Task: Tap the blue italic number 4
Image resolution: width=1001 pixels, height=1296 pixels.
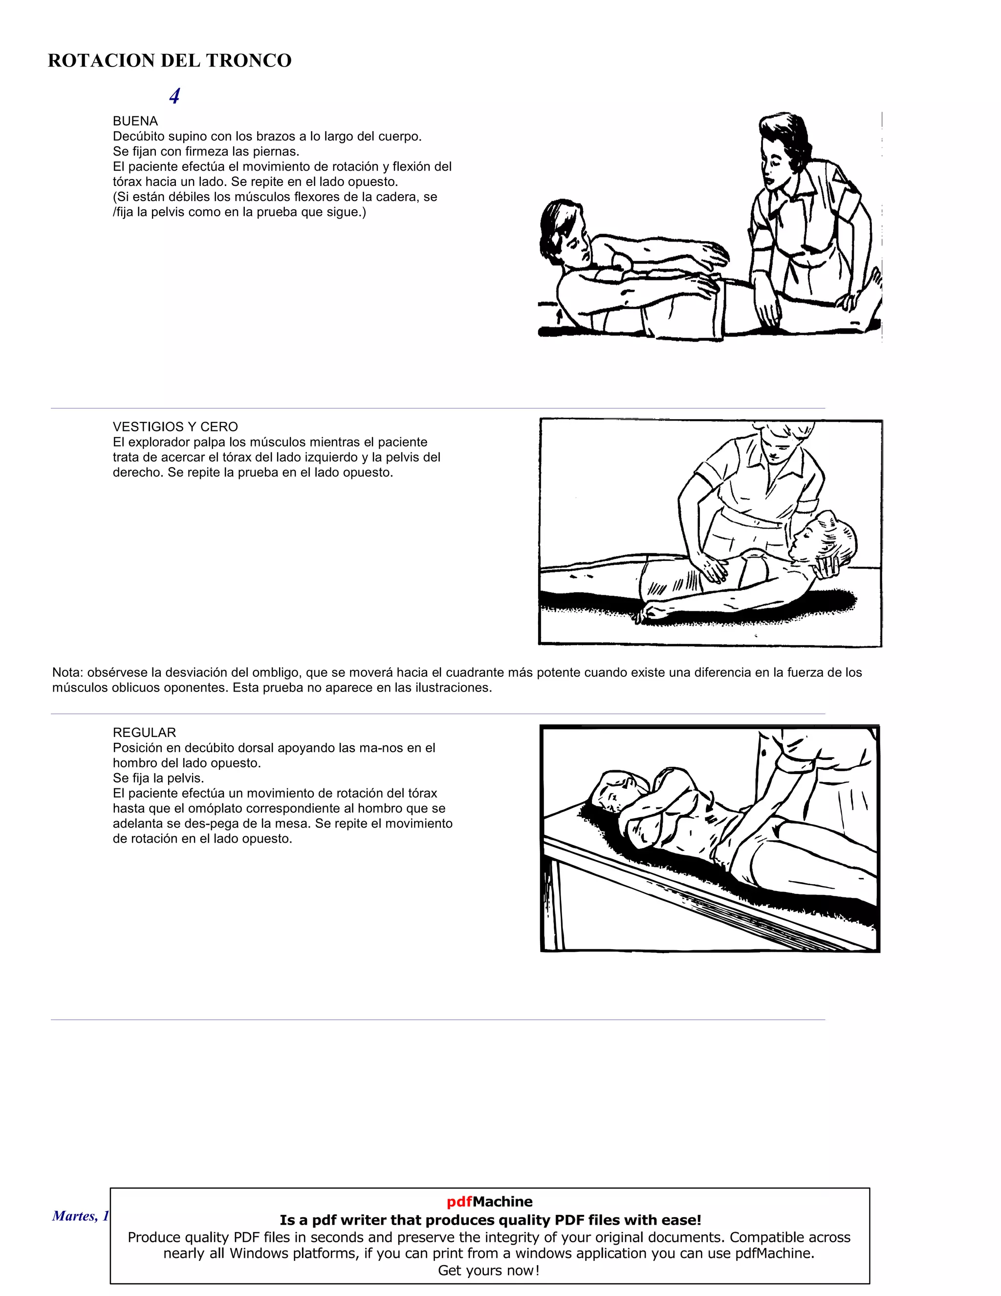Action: (x=174, y=96)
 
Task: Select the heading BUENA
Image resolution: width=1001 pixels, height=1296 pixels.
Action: (x=135, y=121)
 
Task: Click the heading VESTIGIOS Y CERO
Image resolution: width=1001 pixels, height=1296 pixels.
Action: (x=175, y=426)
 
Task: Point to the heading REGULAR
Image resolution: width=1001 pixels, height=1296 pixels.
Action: (x=144, y=732)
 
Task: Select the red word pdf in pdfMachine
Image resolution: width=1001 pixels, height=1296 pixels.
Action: (x=459, y=1202)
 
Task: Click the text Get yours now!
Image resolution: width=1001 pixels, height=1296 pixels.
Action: (x=489, y=1271)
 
